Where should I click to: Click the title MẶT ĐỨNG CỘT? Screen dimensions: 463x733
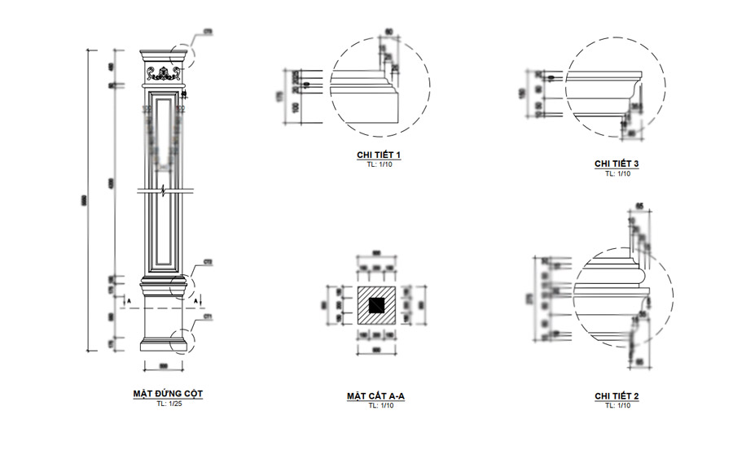168,394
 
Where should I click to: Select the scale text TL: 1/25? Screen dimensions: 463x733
168,404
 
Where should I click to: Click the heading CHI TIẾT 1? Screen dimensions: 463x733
379,155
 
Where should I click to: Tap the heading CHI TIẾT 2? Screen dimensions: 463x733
617,396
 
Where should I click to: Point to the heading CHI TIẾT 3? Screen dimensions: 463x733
617,164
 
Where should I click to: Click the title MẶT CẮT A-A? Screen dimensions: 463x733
376,396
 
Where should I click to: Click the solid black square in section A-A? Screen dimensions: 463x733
376,306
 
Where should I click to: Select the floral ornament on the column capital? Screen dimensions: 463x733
168,74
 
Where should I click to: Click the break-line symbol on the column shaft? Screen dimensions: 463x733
165,192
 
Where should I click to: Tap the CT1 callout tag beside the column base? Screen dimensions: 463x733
208,316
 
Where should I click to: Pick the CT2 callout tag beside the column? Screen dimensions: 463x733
208,263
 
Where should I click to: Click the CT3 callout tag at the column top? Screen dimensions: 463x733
208,32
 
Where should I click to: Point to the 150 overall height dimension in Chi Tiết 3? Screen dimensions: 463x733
522,94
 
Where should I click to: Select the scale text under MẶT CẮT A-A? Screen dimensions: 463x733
376,405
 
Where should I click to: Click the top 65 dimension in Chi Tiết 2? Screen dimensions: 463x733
640,205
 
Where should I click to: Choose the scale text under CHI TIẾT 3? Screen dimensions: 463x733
617,173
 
